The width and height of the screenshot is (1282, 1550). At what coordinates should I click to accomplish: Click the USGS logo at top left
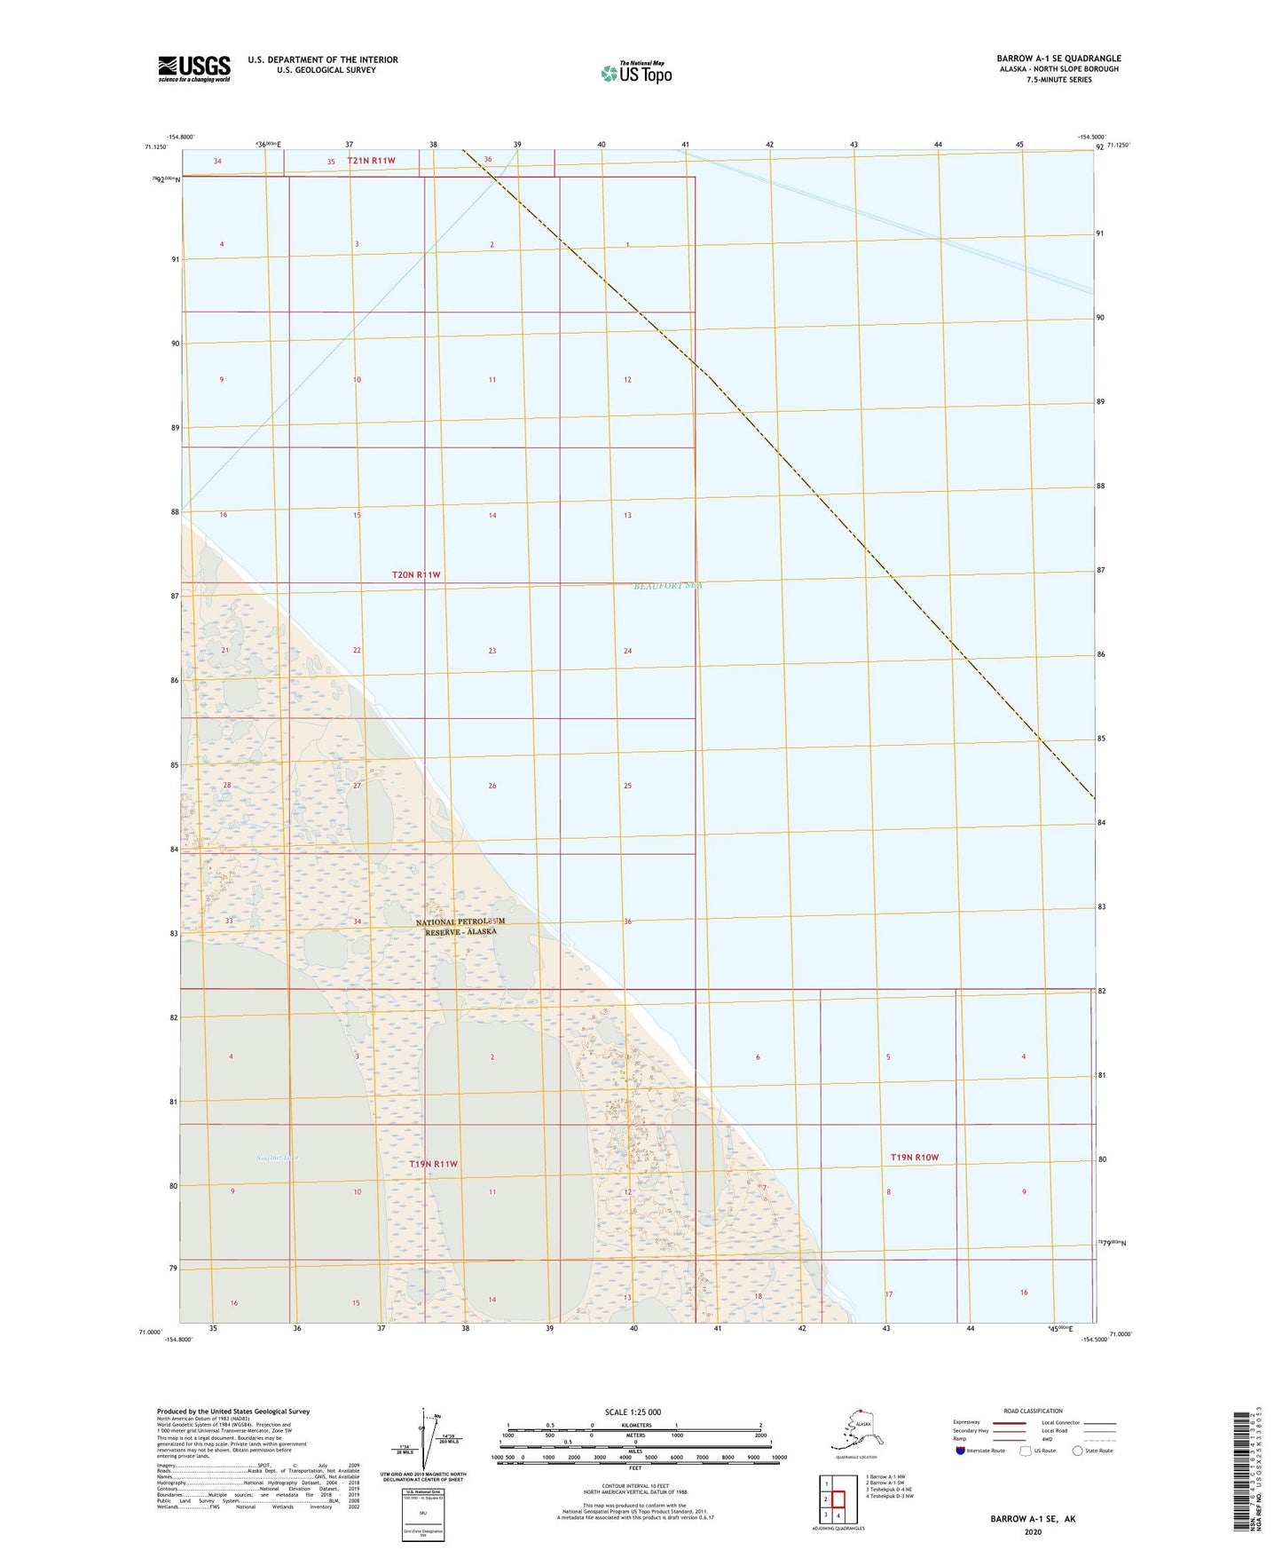(194, 68)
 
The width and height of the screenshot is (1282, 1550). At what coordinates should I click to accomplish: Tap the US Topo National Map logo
(635, 72)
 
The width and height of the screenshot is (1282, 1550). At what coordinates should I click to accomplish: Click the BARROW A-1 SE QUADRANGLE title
(1058, 59)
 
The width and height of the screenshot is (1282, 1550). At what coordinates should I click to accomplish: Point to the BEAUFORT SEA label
(667, 586)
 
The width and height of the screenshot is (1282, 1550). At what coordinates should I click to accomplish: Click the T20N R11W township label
(416, 575)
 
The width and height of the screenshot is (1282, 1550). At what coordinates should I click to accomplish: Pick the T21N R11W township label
(371, 161)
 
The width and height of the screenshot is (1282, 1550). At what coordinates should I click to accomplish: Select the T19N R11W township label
(434, 1164)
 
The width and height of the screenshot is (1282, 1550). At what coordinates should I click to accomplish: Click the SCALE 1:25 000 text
(633, 1412)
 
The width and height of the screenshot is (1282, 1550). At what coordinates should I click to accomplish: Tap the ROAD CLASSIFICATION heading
(1033, 1411)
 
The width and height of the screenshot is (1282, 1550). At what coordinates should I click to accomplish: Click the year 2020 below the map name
(1032, 1531)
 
